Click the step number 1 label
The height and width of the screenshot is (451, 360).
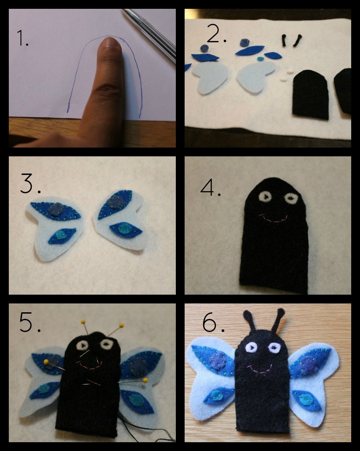click(x=23, y=38)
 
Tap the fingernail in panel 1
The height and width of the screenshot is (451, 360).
click(x=111, y=43)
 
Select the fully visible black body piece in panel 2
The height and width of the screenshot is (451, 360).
click(x=311, y=95)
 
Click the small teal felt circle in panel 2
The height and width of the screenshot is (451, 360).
click(x=260, y=59)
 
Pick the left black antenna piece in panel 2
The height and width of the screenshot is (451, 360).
click(x=284, y=41)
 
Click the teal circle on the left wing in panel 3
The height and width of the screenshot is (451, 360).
click(x=60, y=235)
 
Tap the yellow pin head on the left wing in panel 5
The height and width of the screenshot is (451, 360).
click(x=46, y=362)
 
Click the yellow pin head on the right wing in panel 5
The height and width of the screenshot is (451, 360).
click(x=145, y=381)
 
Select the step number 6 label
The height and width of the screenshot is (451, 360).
click(x=213, y=322)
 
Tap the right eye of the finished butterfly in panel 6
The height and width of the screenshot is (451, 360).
click(x=274, y=348)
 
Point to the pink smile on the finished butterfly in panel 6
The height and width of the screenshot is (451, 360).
click(x=260, y=370)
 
